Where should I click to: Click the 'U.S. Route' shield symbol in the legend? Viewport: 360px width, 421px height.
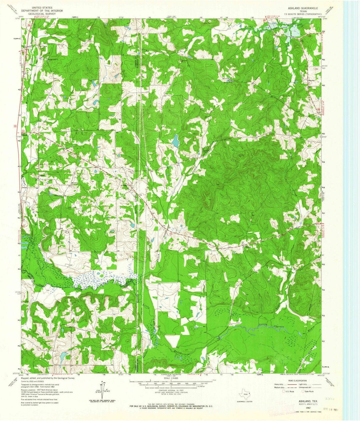tap(284, 391)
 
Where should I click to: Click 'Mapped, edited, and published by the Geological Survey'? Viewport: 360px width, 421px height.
tap(47, 378)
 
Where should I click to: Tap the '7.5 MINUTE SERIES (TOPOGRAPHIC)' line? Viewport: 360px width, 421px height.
tap(300, 13)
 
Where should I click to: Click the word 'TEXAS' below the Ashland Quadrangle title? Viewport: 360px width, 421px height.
tap(300, 10)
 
